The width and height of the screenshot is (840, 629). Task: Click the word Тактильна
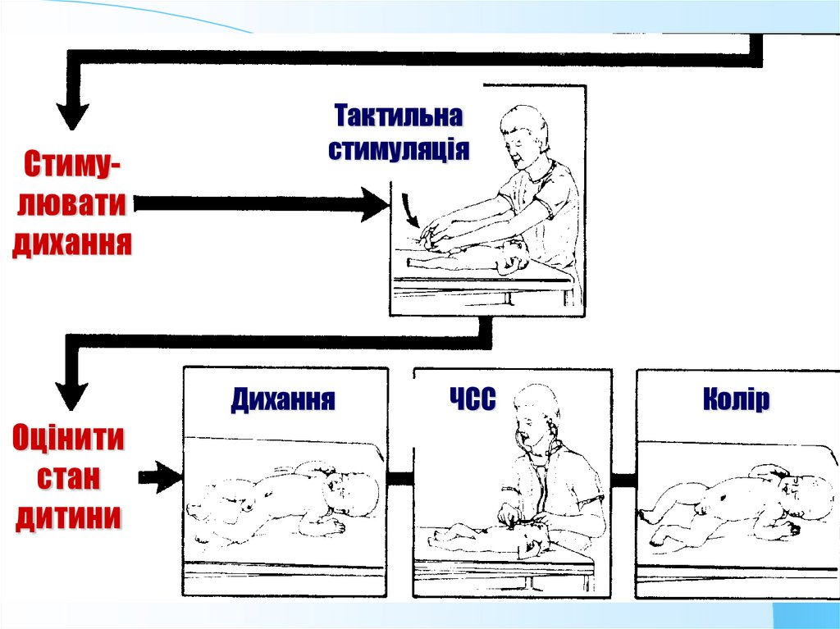pos(398,116)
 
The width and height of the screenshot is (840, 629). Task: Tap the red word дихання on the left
pos(72,244)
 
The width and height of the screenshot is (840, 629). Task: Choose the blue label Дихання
pos(282,400)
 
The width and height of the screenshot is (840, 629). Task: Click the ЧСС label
pos(472,400)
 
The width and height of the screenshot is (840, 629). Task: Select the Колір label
pos(736,400)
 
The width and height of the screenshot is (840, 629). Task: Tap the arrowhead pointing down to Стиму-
pos(72,115)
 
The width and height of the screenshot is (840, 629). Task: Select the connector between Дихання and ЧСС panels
pos(399,477)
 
